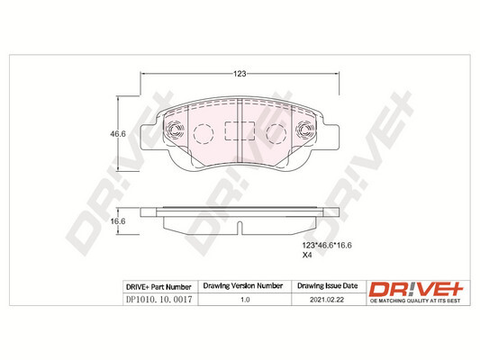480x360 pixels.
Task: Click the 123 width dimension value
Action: coord(240,74)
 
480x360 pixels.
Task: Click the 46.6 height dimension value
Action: coord(118,134)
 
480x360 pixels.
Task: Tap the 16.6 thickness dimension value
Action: coord(118,221)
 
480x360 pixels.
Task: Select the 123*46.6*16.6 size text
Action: coord(327,246)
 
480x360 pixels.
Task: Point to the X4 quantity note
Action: coord(307,255)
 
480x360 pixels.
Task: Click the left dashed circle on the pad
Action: coord(204,134)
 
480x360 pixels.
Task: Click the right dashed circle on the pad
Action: coord(276,134)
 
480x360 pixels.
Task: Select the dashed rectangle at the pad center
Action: coord(240,130)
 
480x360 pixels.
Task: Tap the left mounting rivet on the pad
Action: coord(175,130)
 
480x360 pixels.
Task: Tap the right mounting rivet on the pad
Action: coord(305,130)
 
